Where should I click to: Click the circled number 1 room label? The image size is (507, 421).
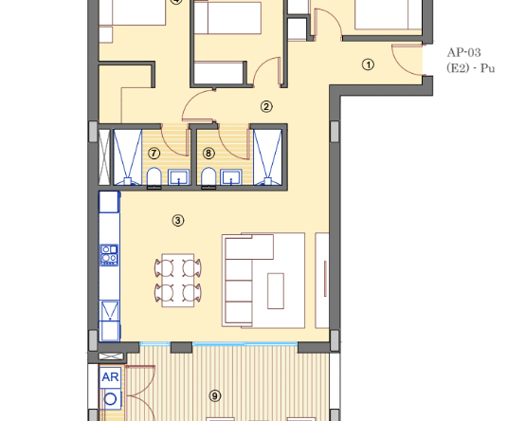coord(368,64)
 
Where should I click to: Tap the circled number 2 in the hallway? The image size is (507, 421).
coord(266,106)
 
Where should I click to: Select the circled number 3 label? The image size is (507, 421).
coord(178,221)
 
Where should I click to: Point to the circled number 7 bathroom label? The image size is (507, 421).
coord(154,153)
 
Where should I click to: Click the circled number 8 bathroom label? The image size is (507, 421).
coord(208,153)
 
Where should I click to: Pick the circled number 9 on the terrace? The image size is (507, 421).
coord(215,395)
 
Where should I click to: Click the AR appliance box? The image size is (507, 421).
coord(110,377)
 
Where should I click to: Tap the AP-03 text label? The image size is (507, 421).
coord(463,52)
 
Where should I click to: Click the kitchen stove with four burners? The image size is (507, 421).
coord(110,255)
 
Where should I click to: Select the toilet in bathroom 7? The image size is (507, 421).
coord(154,177)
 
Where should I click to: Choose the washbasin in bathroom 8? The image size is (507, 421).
coord(231,177)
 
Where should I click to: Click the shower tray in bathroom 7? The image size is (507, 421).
coord(128,157)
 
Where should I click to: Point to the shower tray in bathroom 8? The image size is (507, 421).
coord(268,157)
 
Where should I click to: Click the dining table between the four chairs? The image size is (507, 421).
coord(178,281)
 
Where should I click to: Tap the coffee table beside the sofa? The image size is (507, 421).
coord(276,291)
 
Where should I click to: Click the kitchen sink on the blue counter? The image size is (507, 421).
coord(110,311)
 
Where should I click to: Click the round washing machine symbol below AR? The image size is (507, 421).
coord(110,399)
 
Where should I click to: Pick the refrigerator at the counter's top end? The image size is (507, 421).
coord(109,202)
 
